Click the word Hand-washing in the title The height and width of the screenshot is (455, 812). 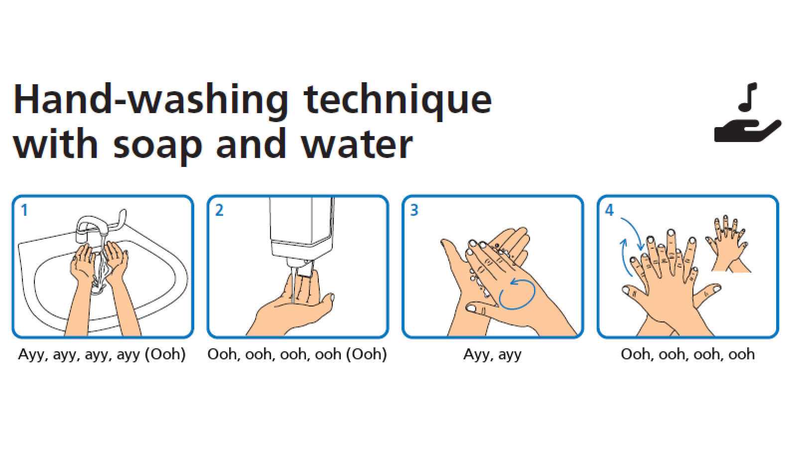pos(151,100)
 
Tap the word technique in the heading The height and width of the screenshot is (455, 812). pos(398,100)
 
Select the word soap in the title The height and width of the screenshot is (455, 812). pos(158,145)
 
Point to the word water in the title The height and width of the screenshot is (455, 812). pos(357,144)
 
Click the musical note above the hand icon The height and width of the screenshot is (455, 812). pos(748,97)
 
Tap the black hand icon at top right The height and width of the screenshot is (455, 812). pos(747,131)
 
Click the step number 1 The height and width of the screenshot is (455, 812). pos(24,210)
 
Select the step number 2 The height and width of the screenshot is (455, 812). pos(219,210)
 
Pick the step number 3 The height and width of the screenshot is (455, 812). pos(414,210)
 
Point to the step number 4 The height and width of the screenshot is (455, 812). pos(609,210)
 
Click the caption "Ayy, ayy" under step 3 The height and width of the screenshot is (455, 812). pos(492,354)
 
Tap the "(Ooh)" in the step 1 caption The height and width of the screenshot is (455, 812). pos(166,354)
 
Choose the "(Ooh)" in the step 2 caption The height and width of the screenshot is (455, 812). pos(367,354)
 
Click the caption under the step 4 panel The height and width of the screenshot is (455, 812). pos(687,354)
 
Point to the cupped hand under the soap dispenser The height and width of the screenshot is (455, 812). pos(290,304)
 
